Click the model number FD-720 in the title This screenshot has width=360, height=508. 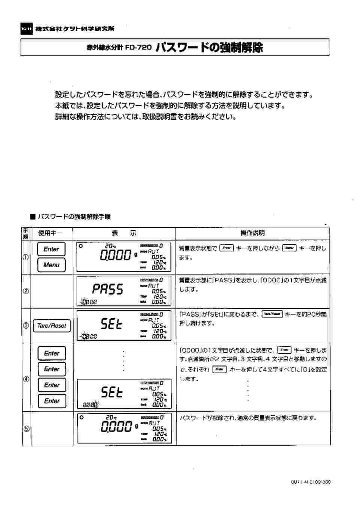click(138, 48)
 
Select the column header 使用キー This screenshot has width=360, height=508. click(50, 233)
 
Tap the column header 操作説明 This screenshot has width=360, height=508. click(252, 233)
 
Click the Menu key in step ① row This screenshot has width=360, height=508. click(51, 265)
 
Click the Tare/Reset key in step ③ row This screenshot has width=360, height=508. click(52, 326)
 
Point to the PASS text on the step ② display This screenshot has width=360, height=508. click(108, 289)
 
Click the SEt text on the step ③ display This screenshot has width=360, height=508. click(111, 323)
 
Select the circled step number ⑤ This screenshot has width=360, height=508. click(26, 429)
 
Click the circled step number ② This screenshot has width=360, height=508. click(26, 291)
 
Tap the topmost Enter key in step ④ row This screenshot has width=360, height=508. click(52, 353)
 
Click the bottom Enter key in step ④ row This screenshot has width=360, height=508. click(52, 401)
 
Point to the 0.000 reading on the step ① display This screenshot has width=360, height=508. click(116, 255)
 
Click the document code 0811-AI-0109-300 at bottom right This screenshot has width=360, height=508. click(311, 482)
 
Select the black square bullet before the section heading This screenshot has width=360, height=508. click(33, 217)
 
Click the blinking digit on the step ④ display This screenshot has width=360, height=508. click(96, 404)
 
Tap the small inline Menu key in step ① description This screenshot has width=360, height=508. click(289, 248)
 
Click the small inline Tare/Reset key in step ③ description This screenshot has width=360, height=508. click(272, 314)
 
